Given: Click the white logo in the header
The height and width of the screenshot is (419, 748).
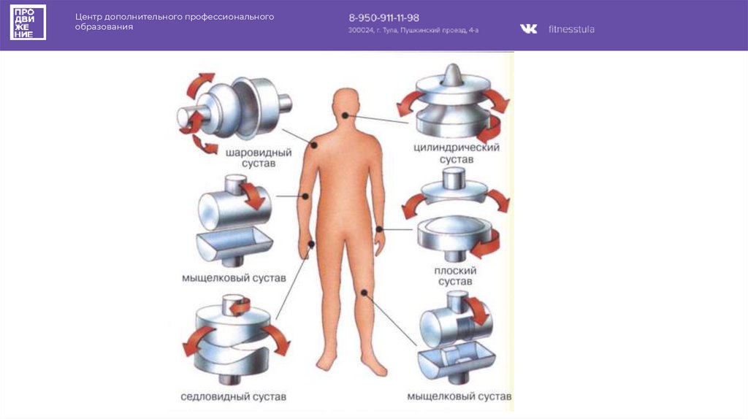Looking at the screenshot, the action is pos(28,22).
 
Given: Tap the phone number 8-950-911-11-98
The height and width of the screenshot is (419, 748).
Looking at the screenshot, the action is pos(383,18).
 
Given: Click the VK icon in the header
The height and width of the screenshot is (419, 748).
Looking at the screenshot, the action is pos(528,29).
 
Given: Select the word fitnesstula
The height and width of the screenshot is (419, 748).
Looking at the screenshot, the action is pos(571,29).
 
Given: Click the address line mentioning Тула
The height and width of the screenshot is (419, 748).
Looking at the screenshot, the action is pos(413,31).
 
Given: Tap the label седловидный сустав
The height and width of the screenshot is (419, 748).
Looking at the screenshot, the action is pos(234,397).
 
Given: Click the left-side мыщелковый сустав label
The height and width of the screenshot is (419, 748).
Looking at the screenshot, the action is pos(234,278).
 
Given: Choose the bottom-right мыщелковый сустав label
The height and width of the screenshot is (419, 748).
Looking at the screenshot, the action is pos(459,397).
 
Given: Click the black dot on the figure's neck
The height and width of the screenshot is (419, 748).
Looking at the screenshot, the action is pos(344,115).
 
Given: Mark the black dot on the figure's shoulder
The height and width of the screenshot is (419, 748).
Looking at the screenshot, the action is pos(313,145).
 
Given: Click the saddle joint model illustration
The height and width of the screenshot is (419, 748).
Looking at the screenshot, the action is pos(234,339).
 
